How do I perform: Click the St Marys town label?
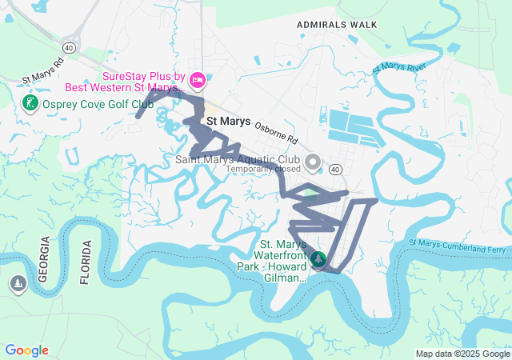[229, 122]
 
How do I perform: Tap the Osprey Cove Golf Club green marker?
[30, 104]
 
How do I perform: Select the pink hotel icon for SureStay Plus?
[198, 81]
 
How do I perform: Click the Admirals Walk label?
[336, 25]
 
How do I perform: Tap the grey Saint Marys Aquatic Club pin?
[313, 162]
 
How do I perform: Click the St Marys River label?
[399, 68]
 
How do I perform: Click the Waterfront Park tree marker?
[319, 259]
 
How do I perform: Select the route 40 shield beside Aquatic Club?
[335, 169]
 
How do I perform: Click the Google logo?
[26, 350]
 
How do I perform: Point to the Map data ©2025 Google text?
[462, 354]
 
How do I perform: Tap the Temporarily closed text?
[263, 169]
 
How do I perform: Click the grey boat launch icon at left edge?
[18, 284]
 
